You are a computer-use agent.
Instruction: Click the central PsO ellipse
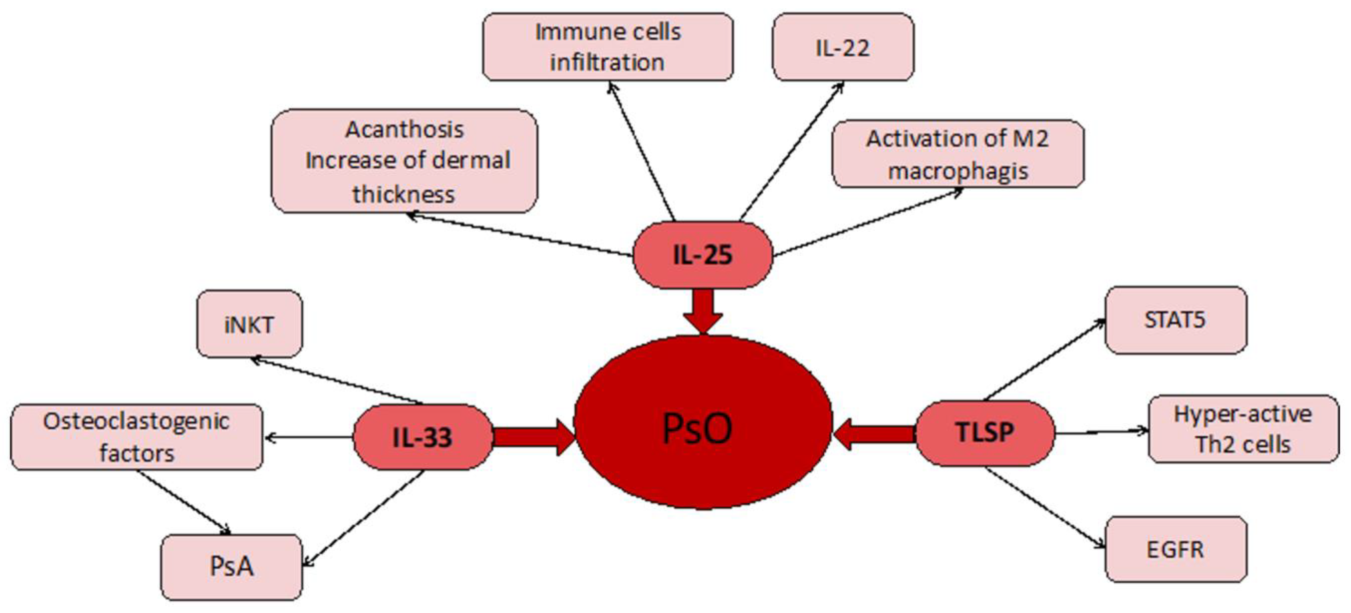(x=703, y=422)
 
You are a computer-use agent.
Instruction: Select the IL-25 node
(x=703, y=255)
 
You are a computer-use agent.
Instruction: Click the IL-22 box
(x=843, y=47)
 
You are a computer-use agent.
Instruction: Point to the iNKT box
(x=249, y=324)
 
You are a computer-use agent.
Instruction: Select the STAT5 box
(x=1175, y=320)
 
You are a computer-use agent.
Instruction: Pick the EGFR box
(x=1175, y=550)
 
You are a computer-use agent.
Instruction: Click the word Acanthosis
(x=404, y=130)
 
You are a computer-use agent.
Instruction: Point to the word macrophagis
(x=958, y=171)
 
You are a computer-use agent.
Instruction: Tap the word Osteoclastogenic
(x=136, y=421)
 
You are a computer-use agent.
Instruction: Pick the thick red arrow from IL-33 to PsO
(x=532, y=437)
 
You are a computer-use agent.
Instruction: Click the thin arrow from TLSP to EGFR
(x=1044, y=507)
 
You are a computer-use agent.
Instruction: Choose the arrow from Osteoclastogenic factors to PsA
(x=184, y=501)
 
